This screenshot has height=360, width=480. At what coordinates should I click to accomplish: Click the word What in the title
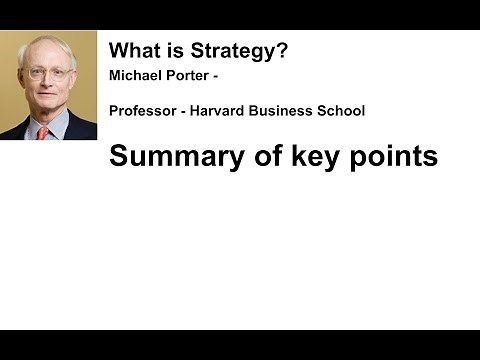(x=131, y=50)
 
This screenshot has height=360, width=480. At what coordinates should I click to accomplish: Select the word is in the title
(x=170, y=50)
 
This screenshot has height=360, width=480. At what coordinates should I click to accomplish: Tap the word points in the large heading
(x=393, y=157)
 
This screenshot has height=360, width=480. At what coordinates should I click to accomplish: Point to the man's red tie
(x=43, y=132)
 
